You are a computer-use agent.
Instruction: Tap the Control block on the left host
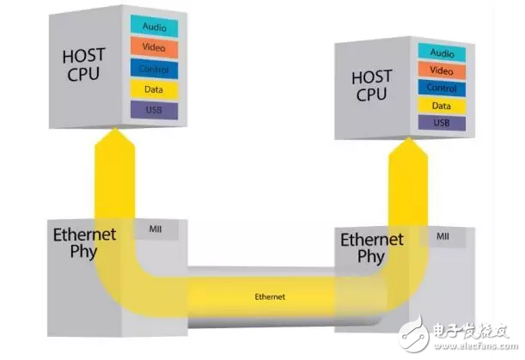156,68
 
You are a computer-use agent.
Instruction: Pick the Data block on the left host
156,88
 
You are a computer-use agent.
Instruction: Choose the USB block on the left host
156,110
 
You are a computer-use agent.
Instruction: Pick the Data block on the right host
441,105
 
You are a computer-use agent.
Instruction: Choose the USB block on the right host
441,123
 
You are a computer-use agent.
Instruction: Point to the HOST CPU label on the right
374,85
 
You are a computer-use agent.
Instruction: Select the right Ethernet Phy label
372,247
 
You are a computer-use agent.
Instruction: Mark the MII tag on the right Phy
443,235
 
